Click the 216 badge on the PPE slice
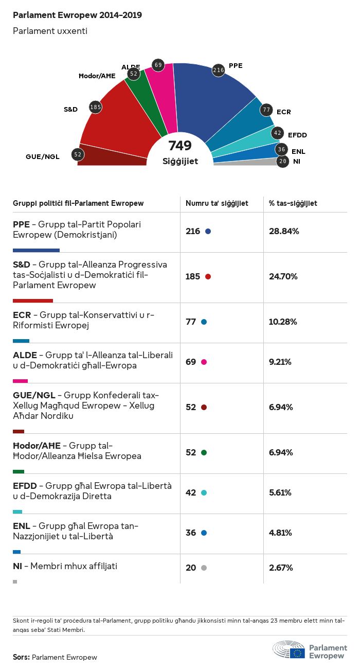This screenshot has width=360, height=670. pos(219,70)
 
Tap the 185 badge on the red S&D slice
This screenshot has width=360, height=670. pos(95,107)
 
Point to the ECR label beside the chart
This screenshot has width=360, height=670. pos(284,112)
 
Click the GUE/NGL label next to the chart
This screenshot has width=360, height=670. pos(43,157)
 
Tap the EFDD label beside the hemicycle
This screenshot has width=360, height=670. pos(297,135)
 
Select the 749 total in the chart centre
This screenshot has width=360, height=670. pos(180,146)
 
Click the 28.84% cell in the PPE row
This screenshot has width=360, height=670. pos(284,231)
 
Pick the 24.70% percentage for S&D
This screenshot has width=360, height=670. pos(283,276)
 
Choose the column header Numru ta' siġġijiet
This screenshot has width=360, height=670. pos(217,203)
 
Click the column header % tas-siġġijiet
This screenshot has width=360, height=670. pos(293,203)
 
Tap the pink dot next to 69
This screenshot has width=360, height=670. pos(204,362)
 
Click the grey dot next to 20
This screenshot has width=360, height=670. pos(204,568)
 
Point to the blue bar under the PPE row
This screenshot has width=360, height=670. pos(36,250)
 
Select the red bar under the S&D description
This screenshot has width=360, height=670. pos(33,301)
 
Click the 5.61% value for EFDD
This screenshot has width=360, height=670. pos(280,492)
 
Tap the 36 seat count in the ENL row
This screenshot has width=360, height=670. pos(191,533)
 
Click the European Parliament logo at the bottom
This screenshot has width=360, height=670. pos(310,650)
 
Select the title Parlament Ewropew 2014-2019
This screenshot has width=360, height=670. pos(77,15)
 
